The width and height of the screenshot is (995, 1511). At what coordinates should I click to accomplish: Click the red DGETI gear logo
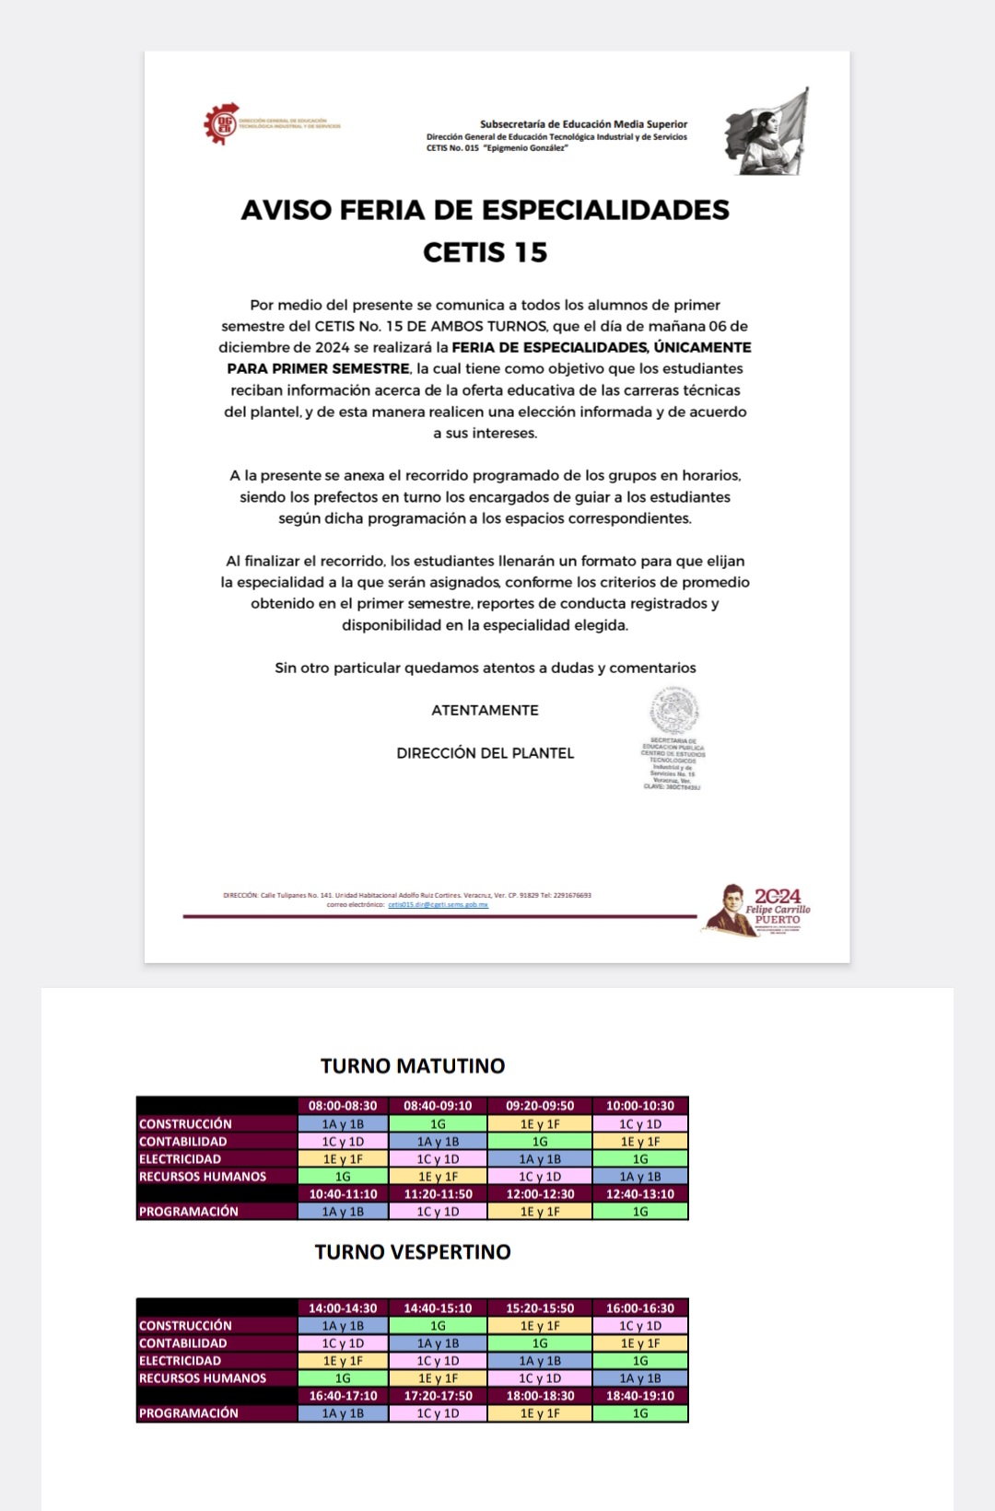[x=221, y=124]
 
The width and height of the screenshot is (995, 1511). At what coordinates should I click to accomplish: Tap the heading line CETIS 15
[x=485, y=252]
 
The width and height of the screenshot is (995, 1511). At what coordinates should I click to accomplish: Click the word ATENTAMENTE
[x=485, y=710]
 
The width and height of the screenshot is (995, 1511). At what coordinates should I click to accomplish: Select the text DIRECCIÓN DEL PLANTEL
[x=485, y=753]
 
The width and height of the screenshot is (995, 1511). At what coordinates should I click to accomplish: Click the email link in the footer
[x=438, y=905]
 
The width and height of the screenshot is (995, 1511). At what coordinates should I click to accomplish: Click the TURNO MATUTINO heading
[x=413, y=1066]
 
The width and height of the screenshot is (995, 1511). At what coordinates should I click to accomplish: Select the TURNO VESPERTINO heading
[x=413, y=1252]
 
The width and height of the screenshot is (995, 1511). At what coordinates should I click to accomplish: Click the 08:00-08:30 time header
[x=343, y=1106]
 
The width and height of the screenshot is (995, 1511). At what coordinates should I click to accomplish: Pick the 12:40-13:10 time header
[x=640, y=1194]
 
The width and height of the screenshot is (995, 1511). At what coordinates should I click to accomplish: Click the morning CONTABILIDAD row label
[x=183, y=1142]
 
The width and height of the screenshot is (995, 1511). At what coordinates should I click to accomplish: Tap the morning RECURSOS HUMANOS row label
[x=203, y=1177]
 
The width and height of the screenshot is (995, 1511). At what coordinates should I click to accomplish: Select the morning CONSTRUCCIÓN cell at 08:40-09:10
[x=438, y=1124]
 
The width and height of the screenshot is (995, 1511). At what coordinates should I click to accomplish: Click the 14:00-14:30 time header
[x=343, y=1308]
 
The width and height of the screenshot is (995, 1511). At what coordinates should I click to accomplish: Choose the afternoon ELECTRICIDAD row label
[x=181, y=1361]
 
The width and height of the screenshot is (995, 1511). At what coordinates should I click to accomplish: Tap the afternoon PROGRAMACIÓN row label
[x=189, y=1413]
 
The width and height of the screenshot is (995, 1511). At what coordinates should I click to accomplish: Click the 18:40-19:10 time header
[x=640, y=1396]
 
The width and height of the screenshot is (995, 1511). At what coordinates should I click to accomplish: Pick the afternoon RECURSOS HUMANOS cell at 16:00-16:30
[x=640, y=1378]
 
